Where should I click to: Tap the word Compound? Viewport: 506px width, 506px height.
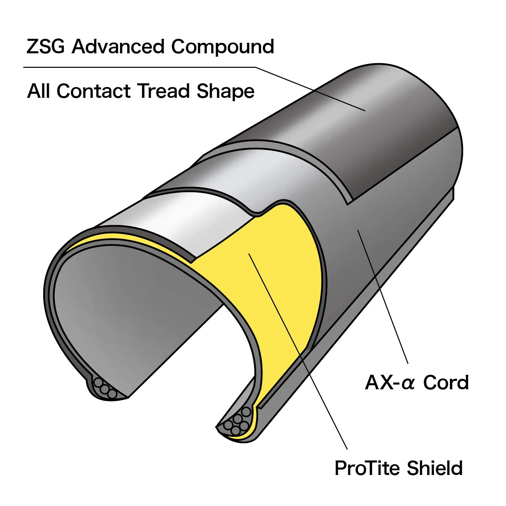tap(223, 47)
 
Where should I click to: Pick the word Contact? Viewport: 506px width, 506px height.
tap(93, 91)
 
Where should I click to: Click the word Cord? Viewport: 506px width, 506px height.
tap(446, 383)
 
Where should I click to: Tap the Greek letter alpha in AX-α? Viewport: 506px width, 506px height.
tap(408, 385)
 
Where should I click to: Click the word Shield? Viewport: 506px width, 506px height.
tap(434, 468)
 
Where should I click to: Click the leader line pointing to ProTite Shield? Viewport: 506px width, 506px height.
tap(298, 351)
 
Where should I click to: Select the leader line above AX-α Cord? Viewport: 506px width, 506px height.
tap(383, 297)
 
